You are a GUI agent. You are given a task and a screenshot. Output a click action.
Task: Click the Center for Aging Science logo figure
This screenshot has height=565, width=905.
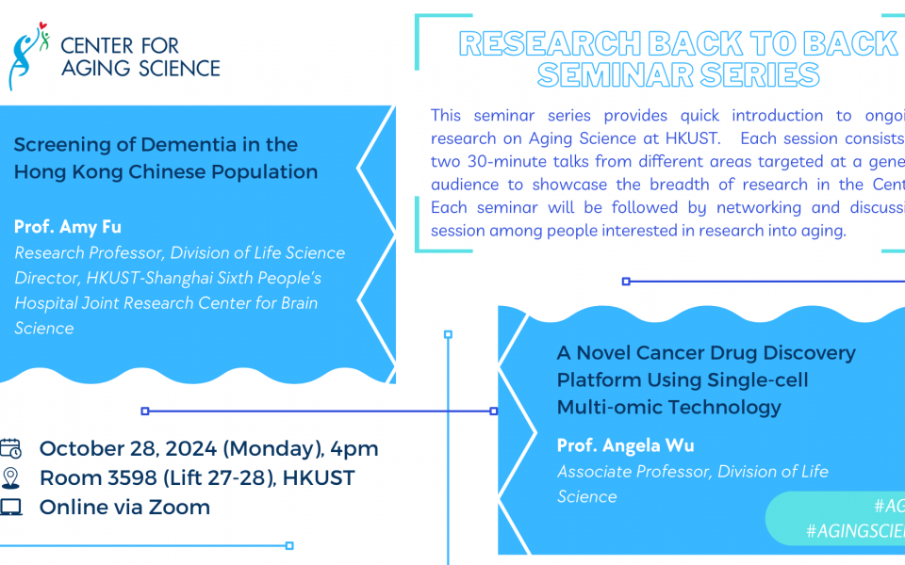pyautogui.click(x=28, y=56)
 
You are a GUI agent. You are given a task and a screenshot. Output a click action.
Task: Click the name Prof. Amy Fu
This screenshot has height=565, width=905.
pyautogui.click(x=68, y=227)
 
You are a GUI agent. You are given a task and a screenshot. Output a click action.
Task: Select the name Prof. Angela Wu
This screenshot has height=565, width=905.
pyautogui.click(x=625, y=445)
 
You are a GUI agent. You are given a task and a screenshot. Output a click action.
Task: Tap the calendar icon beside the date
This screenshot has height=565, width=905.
pyautogui.click(x=11, y=448)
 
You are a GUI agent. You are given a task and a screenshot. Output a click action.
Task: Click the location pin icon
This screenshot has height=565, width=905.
pyautogui.click(x=11, y=477)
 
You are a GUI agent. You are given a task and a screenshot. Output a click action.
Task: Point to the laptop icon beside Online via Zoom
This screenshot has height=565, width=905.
pyautogui.click(x=11, y=508)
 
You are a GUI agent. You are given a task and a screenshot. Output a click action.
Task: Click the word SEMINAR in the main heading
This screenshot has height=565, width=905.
pyautogui.click(x=602, y=74)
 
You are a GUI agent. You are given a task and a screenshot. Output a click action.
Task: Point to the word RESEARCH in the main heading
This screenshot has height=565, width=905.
pyautogui.click(x=537, y=43)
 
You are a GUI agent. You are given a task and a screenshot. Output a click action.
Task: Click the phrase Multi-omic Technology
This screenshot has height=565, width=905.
pyautogui.click(x=669, y=408)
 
